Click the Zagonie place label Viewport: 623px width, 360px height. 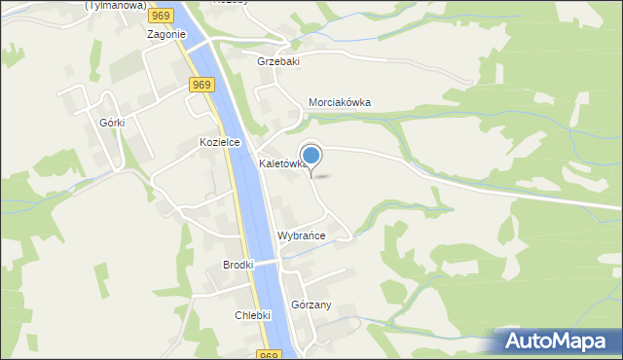(165, 34)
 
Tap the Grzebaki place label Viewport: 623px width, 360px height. (278, 61)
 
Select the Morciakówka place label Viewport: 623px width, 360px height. (340, 103)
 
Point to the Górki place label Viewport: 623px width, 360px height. (114, 124)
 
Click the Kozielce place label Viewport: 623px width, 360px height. (219, 142)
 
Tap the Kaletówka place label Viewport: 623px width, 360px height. (282, 164)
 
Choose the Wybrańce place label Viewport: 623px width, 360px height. (301, 236)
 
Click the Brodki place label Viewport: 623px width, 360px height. (238, 265)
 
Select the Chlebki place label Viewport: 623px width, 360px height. (252, 315)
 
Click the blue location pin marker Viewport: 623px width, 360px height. (311, 156)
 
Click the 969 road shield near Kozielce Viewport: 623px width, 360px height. (202, 86)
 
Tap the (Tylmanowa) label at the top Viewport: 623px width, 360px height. (115, 4)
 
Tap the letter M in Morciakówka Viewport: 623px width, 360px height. (313, 103)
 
